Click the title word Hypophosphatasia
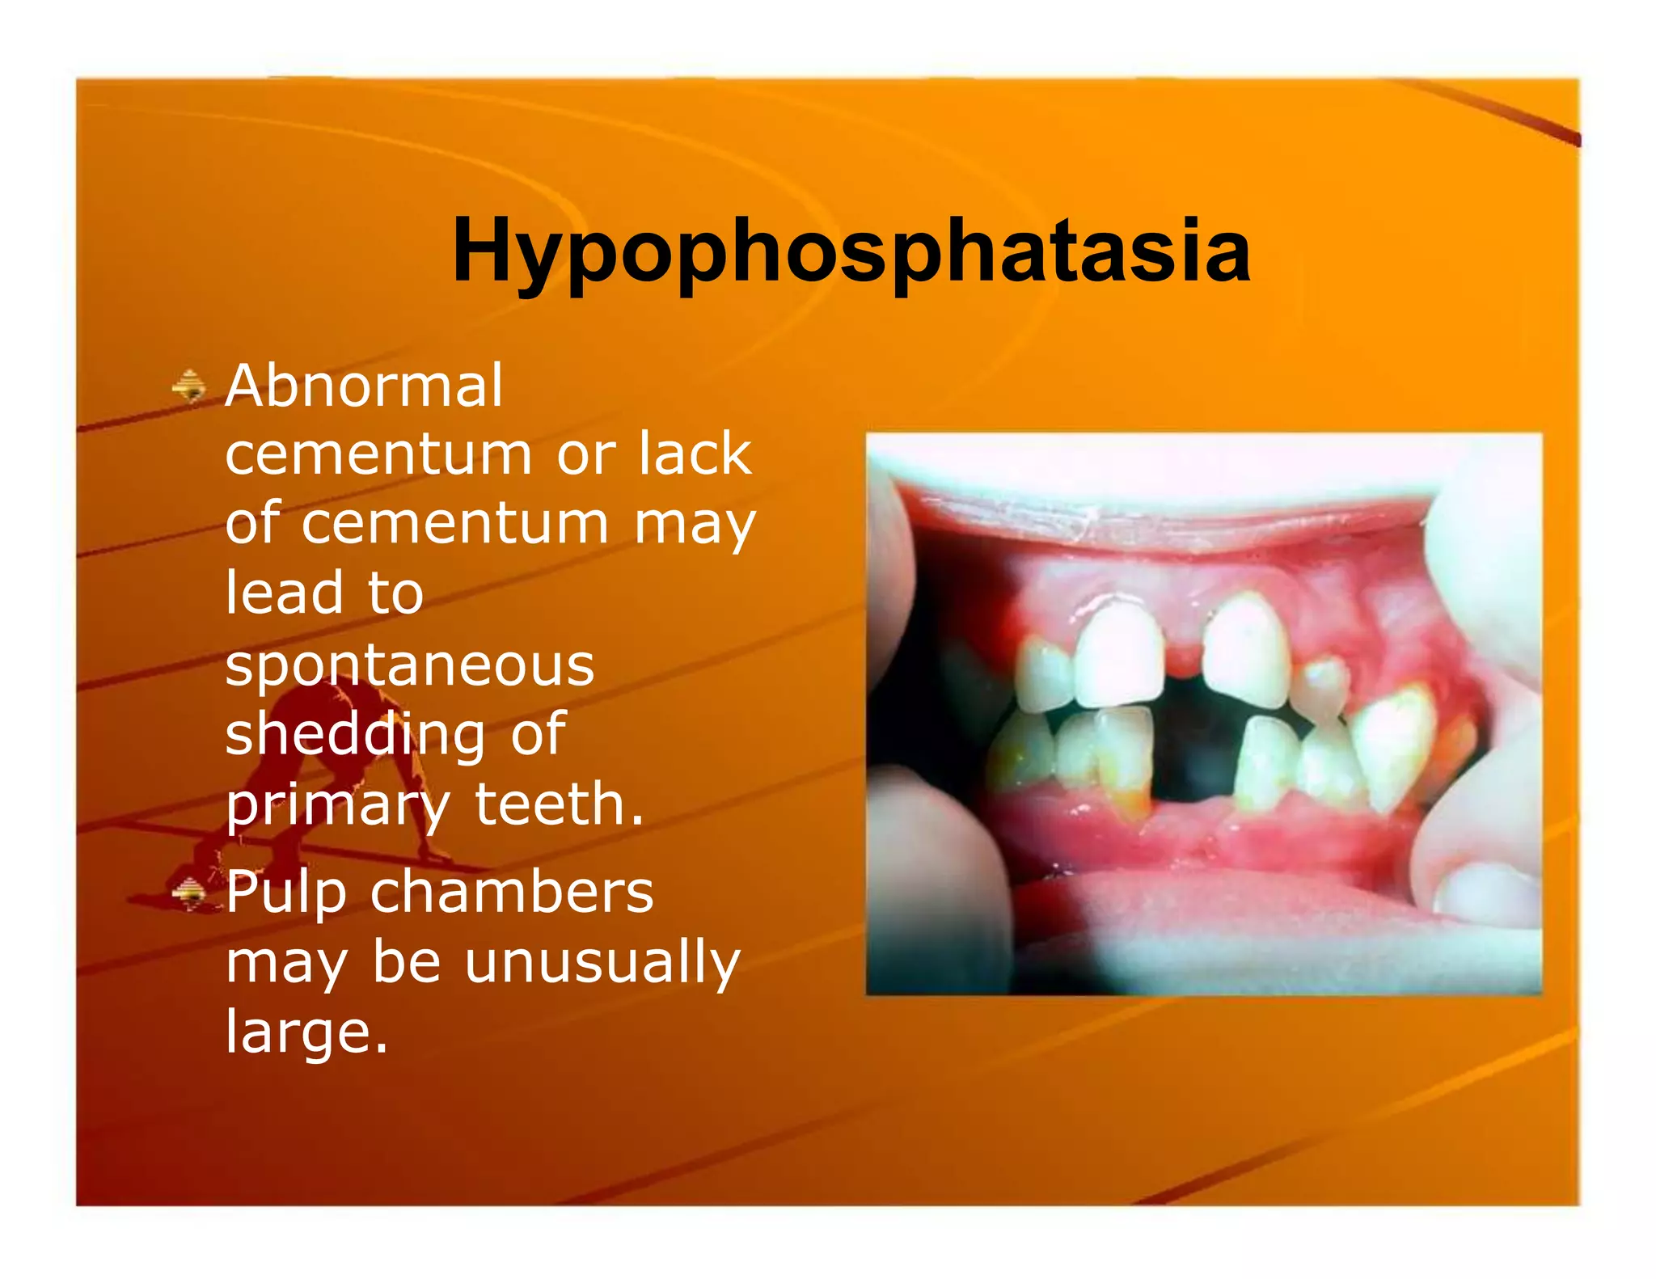(x=851, y=251)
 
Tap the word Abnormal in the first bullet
(x=364, y=386)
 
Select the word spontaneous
(x=410, y=665)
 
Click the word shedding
(x=355, y=734)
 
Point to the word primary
(x=337, y=805)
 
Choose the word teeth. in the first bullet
(x=560, y=804)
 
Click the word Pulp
(x=285, y=893)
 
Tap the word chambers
(x=512, y=892)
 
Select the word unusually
(x=602, y=963)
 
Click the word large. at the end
(x=307, y=1032)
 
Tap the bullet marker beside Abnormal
(x=189, y=386)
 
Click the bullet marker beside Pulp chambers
(x=189, y=893)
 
